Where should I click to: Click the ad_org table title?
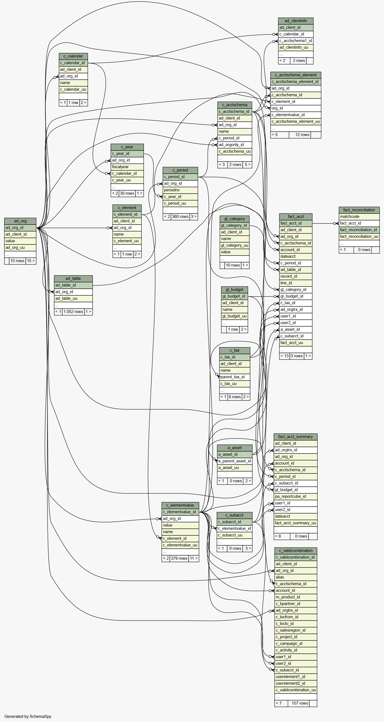tap(20, 221)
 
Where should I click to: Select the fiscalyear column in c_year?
tap(127, 167)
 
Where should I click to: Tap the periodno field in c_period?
tap(180, 190)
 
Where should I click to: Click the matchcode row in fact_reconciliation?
tap(359, 217)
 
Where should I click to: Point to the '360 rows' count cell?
tap(180, 217)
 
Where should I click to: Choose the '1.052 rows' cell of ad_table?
tap(73, 312)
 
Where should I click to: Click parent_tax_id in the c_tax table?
tap(235, 377)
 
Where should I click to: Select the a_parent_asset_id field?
tap(235, 461)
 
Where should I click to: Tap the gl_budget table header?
tap(235, 290)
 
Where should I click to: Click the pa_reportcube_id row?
tap(295, 496)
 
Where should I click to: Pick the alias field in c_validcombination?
tap(296, 577)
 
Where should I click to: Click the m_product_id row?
tap(296, 597)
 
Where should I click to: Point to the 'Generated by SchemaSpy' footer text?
tap(28, 716)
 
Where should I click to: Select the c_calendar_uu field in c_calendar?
tap(73, 89)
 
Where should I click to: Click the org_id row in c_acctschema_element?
tap(296, 108)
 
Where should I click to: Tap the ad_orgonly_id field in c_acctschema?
tap(235, 145)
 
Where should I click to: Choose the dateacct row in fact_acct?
tap(296, 256)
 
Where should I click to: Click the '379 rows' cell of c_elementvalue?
tap(179, 558)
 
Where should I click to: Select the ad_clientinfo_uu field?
tap(296, 47)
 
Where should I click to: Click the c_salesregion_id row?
tap(296, 630)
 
